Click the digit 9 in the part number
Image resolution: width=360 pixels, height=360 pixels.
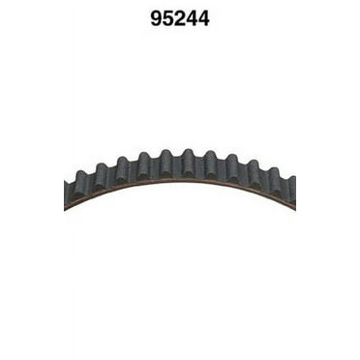[x=156, y=18]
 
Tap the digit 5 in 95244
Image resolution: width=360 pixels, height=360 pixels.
[x=168, y=18]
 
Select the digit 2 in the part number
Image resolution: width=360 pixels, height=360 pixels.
[x=180, y=18]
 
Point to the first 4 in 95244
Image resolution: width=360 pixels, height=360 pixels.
[x=192, y=18]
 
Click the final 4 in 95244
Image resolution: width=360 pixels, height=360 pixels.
[x=204, y=18]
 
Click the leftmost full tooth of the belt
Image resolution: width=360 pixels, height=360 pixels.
[x=79, y=185]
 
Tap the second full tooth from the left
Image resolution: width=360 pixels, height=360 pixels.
[x=101, y=176]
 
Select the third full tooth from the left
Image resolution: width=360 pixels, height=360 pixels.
[x=123, y=169]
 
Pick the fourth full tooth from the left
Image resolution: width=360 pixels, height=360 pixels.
[x=144, y=165]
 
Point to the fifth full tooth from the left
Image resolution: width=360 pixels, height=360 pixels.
[x=165, y=163]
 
